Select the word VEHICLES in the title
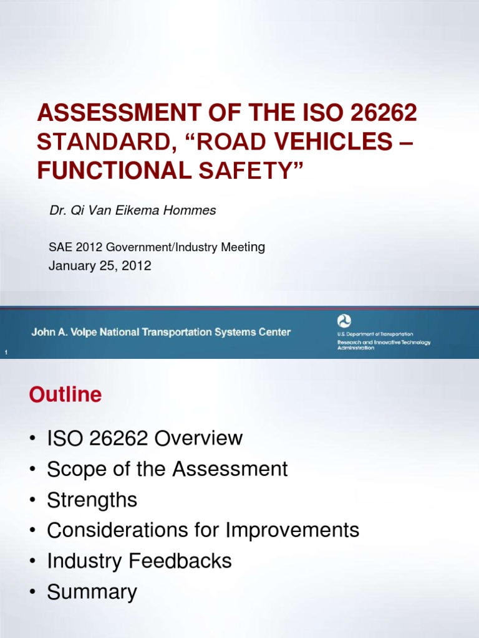(x=327, y=141)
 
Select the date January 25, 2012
(x=100, y=266)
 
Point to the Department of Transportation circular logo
(x=344, y=321)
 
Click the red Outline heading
(x=64, y=395)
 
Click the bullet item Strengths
(x=92, y=500)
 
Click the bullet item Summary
(x=92, y=592)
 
